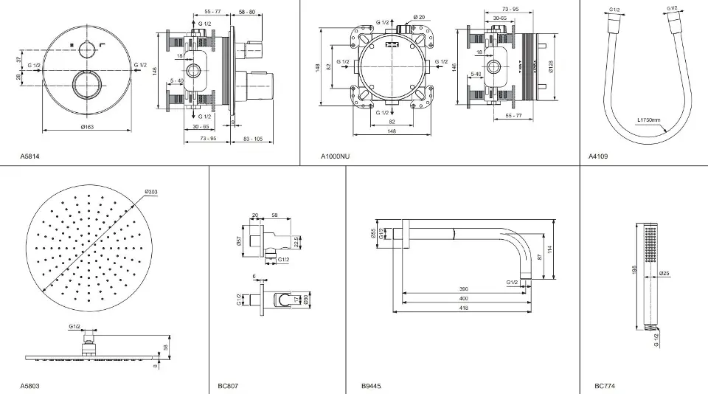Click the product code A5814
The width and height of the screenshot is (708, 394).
pyautogui.click(x=30, y=156)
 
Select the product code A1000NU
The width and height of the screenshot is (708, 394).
pyautogui.click(x=336, y=156)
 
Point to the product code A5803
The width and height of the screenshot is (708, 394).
pyautogui.click(x=30, y=386)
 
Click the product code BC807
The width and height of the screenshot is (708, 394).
pyautogui.click(x=228, y=386)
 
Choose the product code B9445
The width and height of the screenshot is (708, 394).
pyautogui.click(x=372, y=386)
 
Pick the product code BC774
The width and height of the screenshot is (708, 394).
pyautogui.click(x=604, y=386)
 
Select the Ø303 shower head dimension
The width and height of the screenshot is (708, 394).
pyautogui.click(x=151, y=192)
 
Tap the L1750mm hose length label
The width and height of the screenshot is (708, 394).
pyautogui.click(x=648, y=119)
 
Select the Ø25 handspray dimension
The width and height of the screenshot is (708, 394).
pyautogui.click(x=664, y=274)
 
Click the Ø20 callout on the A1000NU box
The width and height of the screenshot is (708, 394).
pyautogui.click(x=419, y=17)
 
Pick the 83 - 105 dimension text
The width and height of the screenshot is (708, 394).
pyautogui.click(x=253, y=139)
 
